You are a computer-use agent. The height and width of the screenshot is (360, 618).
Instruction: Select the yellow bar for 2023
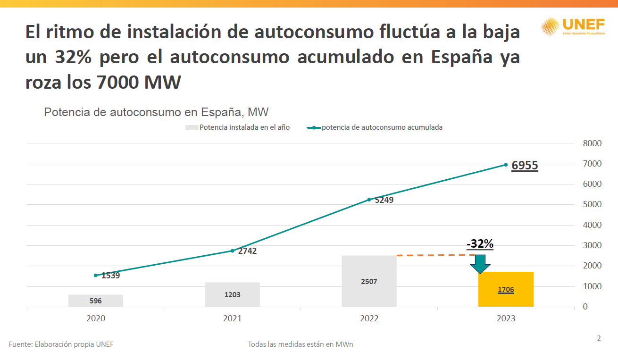click(506, 289)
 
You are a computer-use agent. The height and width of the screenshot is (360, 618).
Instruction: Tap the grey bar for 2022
click(369, 281)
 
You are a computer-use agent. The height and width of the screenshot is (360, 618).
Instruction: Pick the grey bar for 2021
click(232, 295)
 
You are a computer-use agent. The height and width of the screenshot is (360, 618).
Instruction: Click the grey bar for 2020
click(96, 301)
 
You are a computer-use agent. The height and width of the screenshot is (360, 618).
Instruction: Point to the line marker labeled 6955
click(506, 165)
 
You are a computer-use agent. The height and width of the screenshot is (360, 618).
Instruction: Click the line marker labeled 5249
click(369, 200)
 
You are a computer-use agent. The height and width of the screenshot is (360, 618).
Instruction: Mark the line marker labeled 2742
click(232, 251)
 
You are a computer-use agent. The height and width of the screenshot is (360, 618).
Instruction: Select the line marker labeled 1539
click(96, 276)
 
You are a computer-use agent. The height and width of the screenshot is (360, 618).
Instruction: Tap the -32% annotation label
click(480, 244)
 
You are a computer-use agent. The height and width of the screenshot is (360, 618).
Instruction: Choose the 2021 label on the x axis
click(232, 318)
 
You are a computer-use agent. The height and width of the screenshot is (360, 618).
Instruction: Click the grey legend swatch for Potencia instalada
click(192, 127)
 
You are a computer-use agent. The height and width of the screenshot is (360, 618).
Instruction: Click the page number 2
click(599, 338)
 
